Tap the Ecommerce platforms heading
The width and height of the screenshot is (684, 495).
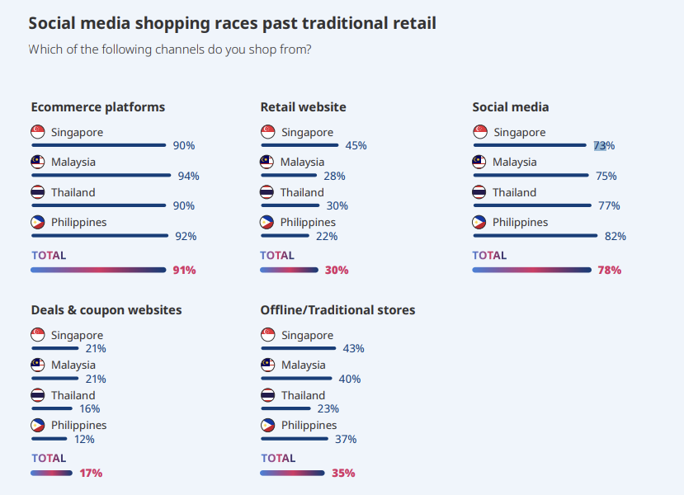tap(97, 107)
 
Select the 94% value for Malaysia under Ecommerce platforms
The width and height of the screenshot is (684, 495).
tap(189, 176)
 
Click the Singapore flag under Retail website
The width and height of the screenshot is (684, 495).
tap(267, 132)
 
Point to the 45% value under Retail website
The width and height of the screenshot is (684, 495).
tap(356, 146)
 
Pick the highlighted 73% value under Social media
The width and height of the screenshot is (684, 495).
tap(604, 146)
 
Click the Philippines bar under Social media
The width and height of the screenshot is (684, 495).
tap(535, 236)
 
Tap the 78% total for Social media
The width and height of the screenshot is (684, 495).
tap(610, 270)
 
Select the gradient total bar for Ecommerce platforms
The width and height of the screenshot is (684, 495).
tap(98, 270)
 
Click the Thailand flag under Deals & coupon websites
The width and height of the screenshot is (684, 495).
tap(38, 395)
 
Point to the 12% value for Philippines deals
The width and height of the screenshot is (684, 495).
tap(84, 439)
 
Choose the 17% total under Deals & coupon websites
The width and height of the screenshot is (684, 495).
tap(91, 473)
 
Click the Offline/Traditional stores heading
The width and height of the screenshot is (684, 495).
tap(337, 310)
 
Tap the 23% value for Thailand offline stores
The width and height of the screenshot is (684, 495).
tap(328, 408)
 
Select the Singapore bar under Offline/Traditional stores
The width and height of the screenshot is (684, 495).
tap(296, 348)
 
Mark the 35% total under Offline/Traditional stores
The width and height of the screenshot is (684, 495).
tap(343, 473)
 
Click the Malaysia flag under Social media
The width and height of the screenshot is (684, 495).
tap(479, 162)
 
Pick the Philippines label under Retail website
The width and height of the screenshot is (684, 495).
tap(308, 222)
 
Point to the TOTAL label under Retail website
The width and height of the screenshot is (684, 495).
tap(277, 256)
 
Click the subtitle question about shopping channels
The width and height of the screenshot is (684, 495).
tap(169, 49)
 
